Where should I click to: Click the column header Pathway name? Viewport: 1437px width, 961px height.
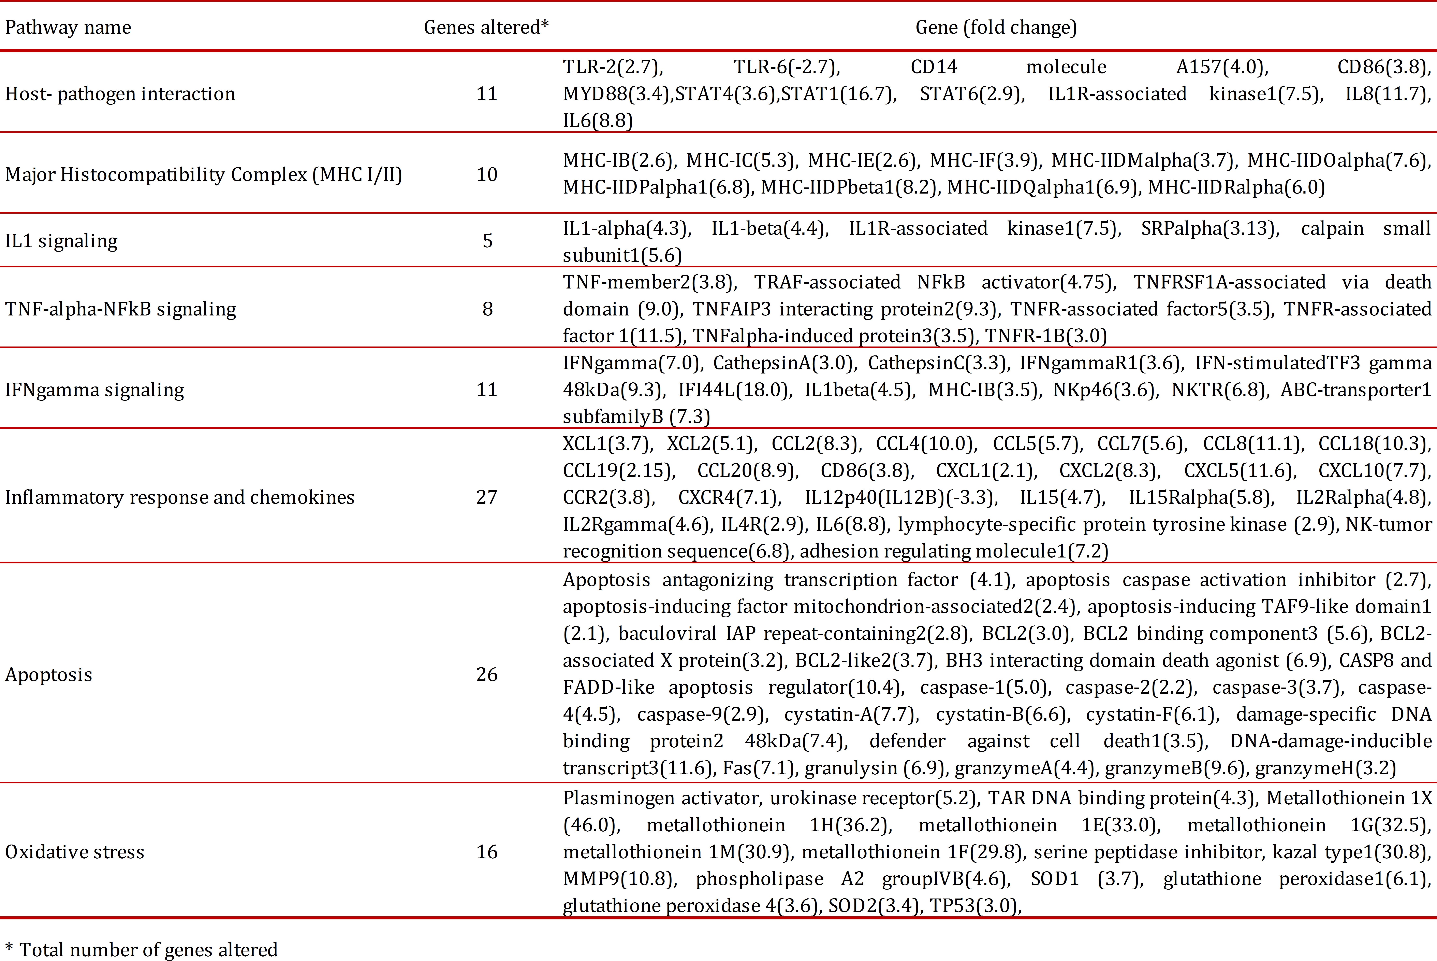68,28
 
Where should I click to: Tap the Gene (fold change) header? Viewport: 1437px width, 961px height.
996,28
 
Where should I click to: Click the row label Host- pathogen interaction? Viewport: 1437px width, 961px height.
120,94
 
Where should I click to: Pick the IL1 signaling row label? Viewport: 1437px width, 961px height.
61,241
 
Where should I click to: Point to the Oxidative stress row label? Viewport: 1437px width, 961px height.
75,852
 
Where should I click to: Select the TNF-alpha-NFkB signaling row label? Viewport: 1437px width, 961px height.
121,309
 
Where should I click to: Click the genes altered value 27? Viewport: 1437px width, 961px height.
487,497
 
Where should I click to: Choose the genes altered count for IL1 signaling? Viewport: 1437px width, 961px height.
488,241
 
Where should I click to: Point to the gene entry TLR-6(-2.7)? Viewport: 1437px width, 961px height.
787,67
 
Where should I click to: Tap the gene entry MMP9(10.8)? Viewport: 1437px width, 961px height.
619,879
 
